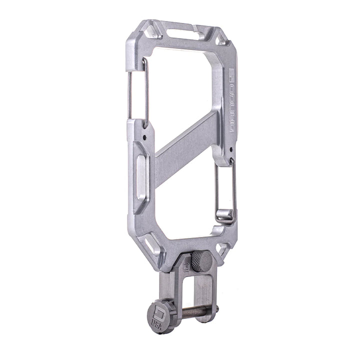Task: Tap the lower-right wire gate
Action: (224, 190)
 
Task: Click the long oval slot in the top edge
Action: (182, 34)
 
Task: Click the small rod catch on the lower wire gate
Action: (225, 215)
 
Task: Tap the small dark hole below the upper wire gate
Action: (144, 135)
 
